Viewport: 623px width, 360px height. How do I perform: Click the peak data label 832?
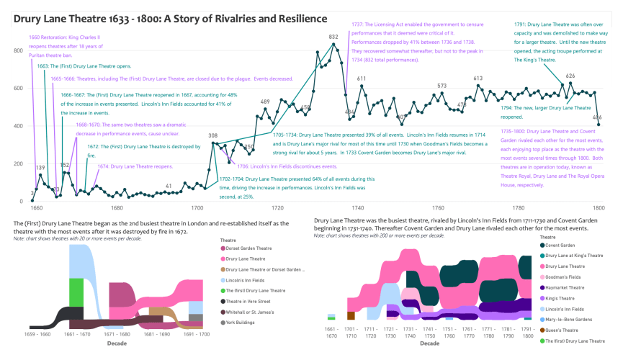click(x=333, y=37)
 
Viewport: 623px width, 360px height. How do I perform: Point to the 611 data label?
click(x=362, y=78)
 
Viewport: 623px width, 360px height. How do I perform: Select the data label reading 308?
click(x=212, y=135)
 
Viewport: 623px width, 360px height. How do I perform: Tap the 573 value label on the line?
click(x=442, y=86)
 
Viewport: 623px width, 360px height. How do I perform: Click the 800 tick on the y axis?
click(x=19, y=51)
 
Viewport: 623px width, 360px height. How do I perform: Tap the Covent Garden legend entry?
click(x=561, y=246)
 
